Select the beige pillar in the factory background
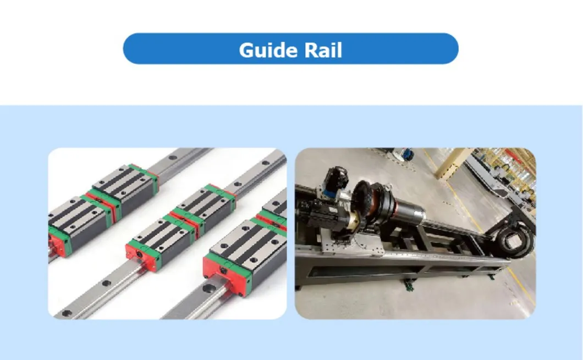coord(452,163)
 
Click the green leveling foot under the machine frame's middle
coord(408,284)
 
